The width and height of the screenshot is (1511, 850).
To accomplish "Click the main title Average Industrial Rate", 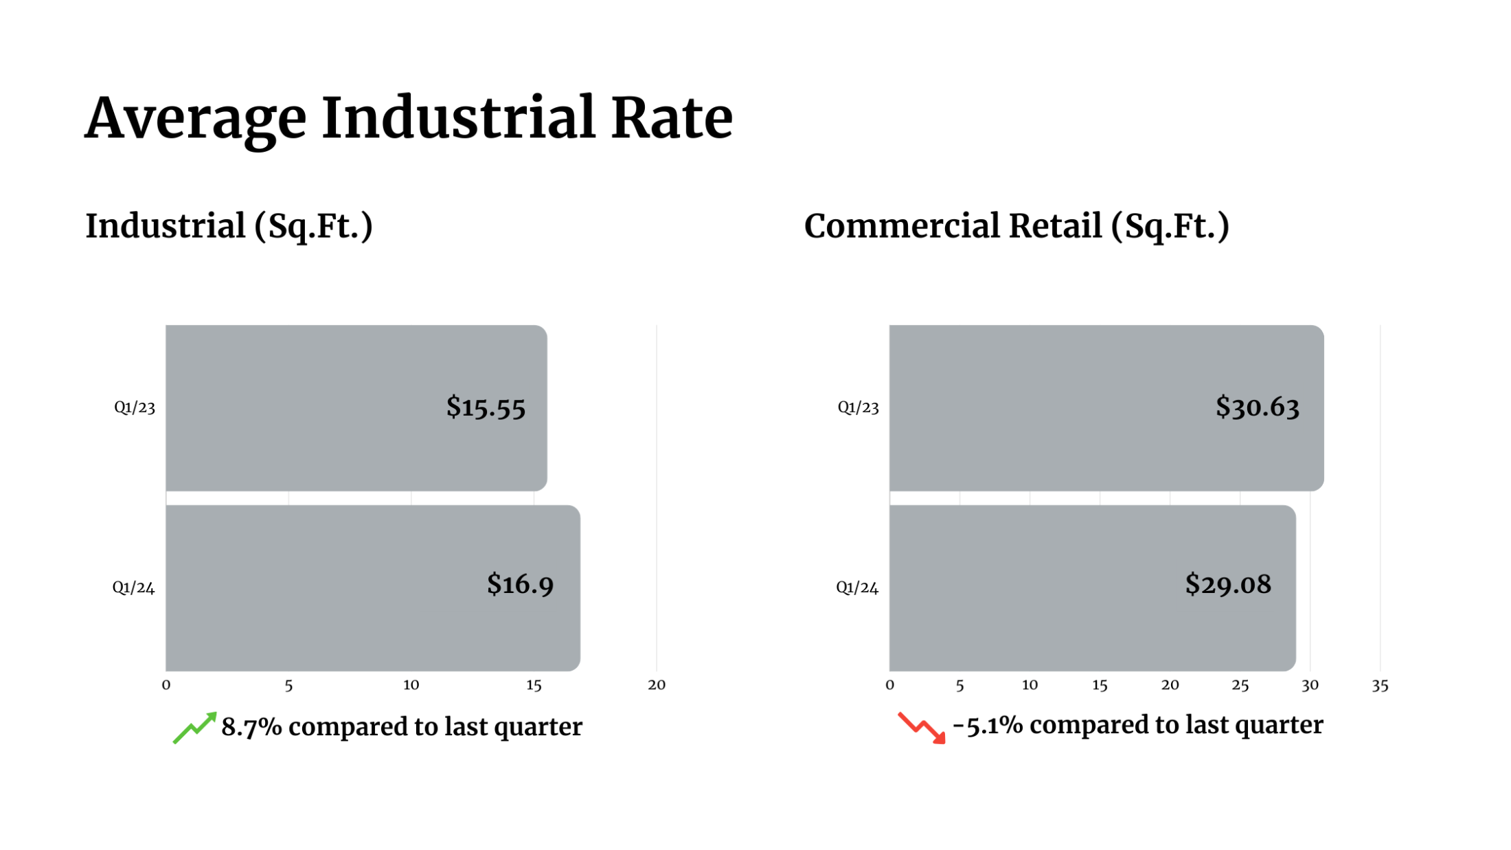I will pos(409,118).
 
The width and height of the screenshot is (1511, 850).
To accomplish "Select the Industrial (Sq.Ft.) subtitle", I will pos(229,226).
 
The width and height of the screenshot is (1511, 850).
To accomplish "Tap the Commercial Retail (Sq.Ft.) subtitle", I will pos(1016,226).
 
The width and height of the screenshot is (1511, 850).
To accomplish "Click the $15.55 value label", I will pos(486,407).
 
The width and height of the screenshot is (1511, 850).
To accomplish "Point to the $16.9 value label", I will pos(520,584).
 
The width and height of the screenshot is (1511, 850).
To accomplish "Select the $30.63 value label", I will pos(1257,407).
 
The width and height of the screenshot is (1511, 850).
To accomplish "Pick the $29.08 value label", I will pos(1228,584).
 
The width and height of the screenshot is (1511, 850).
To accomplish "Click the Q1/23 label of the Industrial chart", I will pos(135,407).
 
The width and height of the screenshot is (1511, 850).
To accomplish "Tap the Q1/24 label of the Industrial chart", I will pos(134,588).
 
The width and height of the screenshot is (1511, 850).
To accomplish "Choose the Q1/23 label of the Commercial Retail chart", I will pos(858,407).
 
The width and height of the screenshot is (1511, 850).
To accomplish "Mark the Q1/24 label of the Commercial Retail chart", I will pos(857,588).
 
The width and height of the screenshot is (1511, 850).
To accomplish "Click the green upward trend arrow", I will pos(194,728).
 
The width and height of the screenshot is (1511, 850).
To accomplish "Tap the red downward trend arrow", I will pos(922,728).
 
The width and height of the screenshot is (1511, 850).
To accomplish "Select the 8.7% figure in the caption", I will pos(251,727).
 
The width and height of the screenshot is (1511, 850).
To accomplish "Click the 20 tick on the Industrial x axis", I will pos(657,685).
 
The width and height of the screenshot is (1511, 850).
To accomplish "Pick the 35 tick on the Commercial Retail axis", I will pos(1380,685).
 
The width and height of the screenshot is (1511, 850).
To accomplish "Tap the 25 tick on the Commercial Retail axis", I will pos(1240,685).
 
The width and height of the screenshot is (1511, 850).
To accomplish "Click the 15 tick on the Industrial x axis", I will pos(534,685).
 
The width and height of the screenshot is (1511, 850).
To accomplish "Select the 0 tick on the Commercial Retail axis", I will pos(889,685).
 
